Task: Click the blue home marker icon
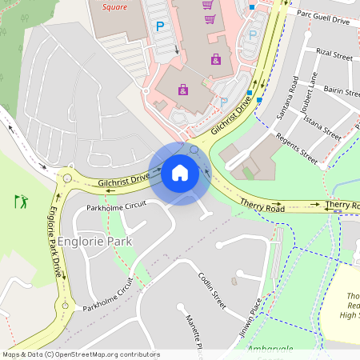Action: pos(180,173)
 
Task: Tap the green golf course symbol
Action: pos(21,200)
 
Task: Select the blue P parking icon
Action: pos(159,26)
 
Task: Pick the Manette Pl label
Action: pos(194,330)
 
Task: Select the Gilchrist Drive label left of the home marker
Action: pos(124,181)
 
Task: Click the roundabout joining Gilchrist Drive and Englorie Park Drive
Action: pos(66,178)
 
